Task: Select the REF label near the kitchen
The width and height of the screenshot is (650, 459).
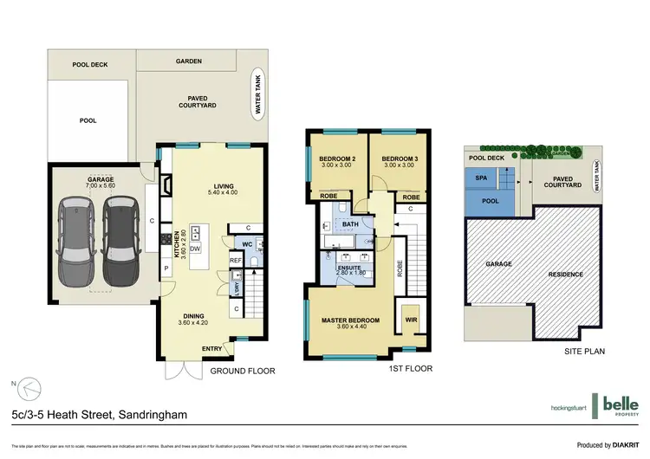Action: pos(235,260)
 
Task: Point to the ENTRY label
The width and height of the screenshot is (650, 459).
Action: pos(212,350)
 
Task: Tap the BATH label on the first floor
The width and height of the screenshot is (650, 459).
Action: pos(349,224)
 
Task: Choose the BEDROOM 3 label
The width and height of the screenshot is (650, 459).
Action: pos(394,159)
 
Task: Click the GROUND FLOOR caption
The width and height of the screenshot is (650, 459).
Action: pos(243,371)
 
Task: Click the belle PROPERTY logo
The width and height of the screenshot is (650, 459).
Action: pos(616,403)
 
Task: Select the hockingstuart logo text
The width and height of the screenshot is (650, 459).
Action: pos(570,408)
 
